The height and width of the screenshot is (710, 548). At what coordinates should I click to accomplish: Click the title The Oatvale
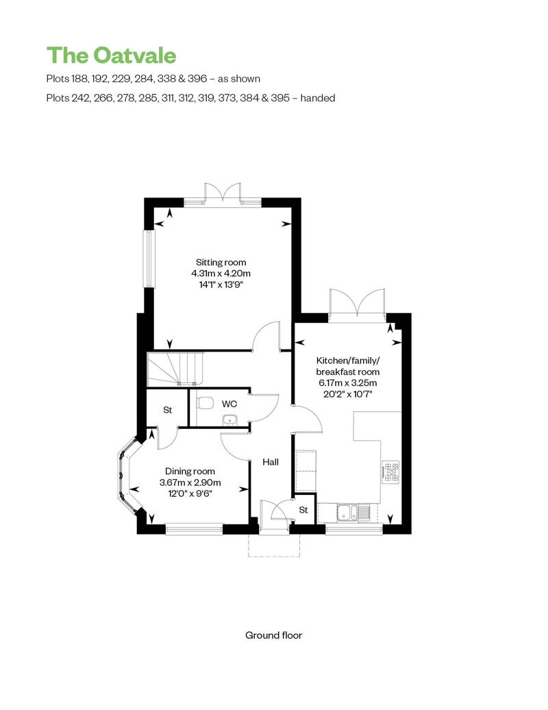(112, 56)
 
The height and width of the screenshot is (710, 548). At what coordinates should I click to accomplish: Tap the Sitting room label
(221, 262)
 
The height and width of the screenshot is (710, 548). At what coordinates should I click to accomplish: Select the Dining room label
(190, 472)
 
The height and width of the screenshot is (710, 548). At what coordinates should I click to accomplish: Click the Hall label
(271, 462)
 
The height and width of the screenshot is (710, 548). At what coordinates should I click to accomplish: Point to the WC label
(229, 404)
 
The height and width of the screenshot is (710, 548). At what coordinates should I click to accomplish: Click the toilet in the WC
(206, 402)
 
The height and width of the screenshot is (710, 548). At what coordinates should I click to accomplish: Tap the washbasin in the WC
(230, 420)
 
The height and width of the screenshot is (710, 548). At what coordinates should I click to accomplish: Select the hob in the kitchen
(391, 472)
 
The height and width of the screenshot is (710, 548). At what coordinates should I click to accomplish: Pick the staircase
(175, 369)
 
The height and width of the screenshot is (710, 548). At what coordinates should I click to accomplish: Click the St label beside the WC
(167, 410)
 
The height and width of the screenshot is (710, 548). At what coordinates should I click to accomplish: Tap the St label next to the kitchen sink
(303, 510)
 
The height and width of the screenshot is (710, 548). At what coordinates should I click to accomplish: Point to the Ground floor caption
(274, 635)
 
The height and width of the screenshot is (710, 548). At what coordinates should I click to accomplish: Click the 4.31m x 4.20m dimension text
(221, 273)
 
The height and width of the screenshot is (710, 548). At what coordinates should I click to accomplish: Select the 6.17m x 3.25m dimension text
(347, 382)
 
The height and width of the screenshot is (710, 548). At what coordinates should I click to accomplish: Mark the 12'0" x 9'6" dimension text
(190, 493)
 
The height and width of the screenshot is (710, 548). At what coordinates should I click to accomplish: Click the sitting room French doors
(222, 195)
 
